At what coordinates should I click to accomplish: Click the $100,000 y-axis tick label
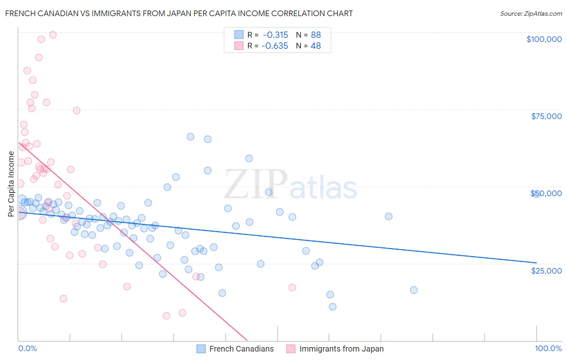(x=544, y=39)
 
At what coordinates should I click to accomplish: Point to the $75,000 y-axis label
(x=546, y=116)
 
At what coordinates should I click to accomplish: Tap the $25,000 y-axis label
(x=546, y=271)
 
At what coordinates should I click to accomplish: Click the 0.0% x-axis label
(x=27, y=349)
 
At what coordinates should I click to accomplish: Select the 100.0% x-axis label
(x=548, y=349)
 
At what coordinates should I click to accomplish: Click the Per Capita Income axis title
(x=11, y=184)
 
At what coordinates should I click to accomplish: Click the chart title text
(x=179, y=13)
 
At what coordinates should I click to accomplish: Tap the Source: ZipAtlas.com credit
(x=531, y=14)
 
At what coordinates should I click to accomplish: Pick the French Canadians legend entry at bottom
(x=241, y=349)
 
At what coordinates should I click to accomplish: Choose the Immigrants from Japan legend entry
(x=341, y=349)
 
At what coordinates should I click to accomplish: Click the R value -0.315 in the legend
(x=275, y=35)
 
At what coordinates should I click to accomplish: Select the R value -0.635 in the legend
(x=275, y=46)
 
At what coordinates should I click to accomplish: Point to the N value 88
(x=316, y=35)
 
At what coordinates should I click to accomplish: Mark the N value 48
(x=316, y=46)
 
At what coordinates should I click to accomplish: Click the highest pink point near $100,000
(x=53, y=35)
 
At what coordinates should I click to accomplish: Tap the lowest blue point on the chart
(x=333, y=307)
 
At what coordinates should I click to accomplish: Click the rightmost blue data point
(x=536, y=194)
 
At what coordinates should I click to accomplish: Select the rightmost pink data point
(x=292, y=287)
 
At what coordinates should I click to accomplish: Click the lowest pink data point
(x=166, y=316)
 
